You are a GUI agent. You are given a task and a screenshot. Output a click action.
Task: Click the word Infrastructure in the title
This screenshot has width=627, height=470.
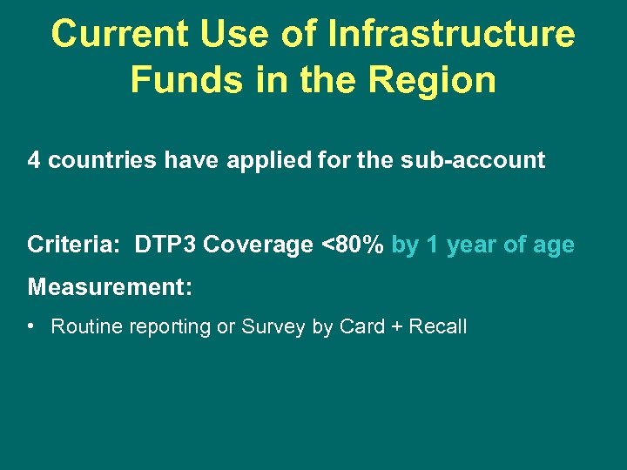point(451,35)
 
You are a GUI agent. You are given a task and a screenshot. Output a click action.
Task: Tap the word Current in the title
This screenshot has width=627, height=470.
point(118,35)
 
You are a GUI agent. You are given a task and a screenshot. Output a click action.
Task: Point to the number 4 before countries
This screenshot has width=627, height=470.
point(34,160)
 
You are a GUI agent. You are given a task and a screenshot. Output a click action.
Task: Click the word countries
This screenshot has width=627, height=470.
point(93,160)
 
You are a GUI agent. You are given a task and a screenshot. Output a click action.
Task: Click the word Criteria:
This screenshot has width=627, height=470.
point(73,245)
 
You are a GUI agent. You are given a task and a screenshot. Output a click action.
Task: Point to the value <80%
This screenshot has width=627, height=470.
point(353,245)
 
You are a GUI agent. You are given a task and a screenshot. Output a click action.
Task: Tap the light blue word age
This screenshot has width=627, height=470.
point(553,246)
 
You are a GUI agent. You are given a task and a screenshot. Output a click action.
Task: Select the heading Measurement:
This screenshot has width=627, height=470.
point(110,286)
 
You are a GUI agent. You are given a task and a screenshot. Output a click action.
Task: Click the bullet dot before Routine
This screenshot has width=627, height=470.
point(31,327)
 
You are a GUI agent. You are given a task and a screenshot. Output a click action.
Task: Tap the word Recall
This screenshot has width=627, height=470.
point(438,327)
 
